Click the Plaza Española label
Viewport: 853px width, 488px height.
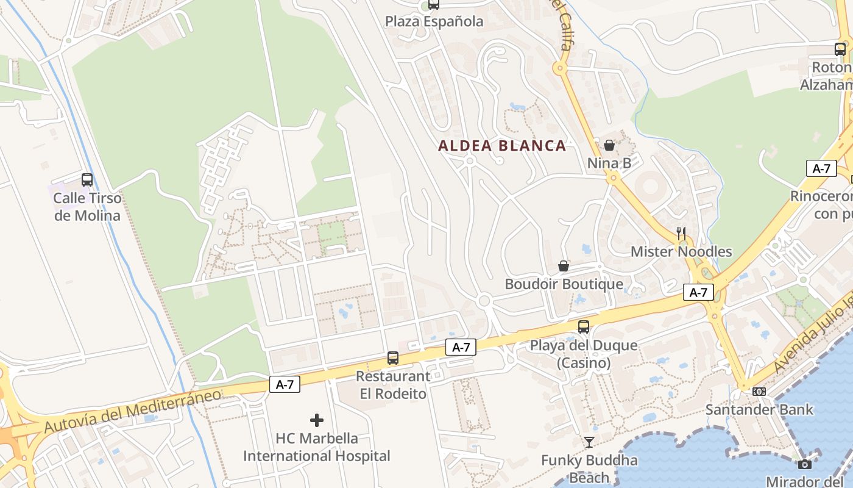click(434, 21)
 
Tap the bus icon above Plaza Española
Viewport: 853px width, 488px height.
click(434, 4)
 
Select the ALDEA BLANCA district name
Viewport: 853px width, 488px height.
click(502, 146)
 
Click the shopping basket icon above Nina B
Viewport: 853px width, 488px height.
click(609, 145)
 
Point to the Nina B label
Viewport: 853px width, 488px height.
click(609, 163)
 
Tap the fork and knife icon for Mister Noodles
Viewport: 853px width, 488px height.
click(681, 233)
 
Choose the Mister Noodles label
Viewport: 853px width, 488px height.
click(681, 251)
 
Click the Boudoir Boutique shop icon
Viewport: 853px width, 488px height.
click(564, 266)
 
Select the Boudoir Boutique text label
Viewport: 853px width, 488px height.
click(564, 284)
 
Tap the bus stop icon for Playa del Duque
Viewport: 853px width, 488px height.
click(584, 327)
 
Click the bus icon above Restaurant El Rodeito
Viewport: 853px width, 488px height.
click(393, 358)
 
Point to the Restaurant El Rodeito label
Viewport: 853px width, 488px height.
click(393, 385)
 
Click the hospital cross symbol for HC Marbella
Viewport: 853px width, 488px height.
click(317, 420)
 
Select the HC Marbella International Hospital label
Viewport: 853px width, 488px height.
click(317, 447)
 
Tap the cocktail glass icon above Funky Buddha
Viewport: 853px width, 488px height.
click(589, 442)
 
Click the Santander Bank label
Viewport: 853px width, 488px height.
click(759, 409)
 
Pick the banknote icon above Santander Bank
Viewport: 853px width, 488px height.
click(759, 391)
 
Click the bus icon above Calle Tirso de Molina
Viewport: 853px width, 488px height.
click(87, 180)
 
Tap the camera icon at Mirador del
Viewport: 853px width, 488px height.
click(805, 464)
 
